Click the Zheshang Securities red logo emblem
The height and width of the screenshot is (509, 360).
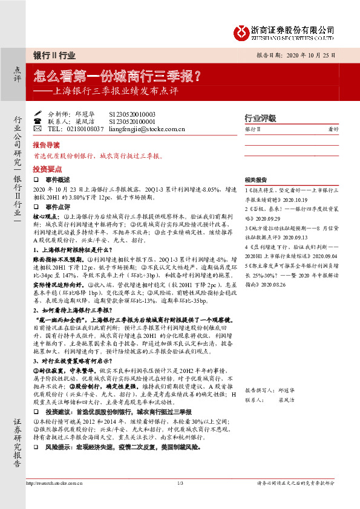tap(242, 30)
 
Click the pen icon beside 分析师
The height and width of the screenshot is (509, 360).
tap(38, 113)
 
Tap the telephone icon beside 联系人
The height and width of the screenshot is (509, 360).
tap(38, 121)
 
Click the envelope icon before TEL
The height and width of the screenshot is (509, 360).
tap(38, 129)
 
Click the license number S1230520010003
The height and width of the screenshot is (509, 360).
tap(133, 113)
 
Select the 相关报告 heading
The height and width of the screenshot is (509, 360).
tap(256, 180)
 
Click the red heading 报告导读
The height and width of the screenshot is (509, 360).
tap(46, 146)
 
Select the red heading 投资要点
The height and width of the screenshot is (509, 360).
tap(46, 169)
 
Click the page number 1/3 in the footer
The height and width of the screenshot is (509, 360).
tap(180, 483)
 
